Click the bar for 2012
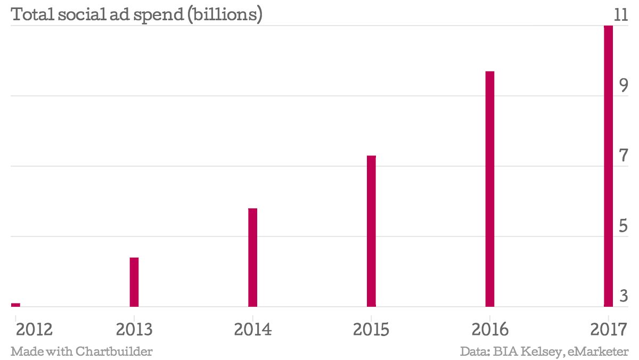tap(15, 305)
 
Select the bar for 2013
tap(134, 282)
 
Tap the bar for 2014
tap(253, 257)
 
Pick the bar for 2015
tap(372, 231)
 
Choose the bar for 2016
tap(490, 189)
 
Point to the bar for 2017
tap(608, 166)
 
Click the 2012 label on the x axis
tap(34, 329)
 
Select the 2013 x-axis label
tap(134, 329)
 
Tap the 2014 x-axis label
tap(253, 329)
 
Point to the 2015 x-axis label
tap(372, 329)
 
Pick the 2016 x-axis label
tap(490, 329)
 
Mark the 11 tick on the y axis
tap(621, 15)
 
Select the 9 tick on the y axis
tap(624, 85)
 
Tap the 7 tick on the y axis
tap(624, 156)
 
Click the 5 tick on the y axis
tap(624, 226)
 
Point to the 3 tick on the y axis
tap(624, 296)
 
